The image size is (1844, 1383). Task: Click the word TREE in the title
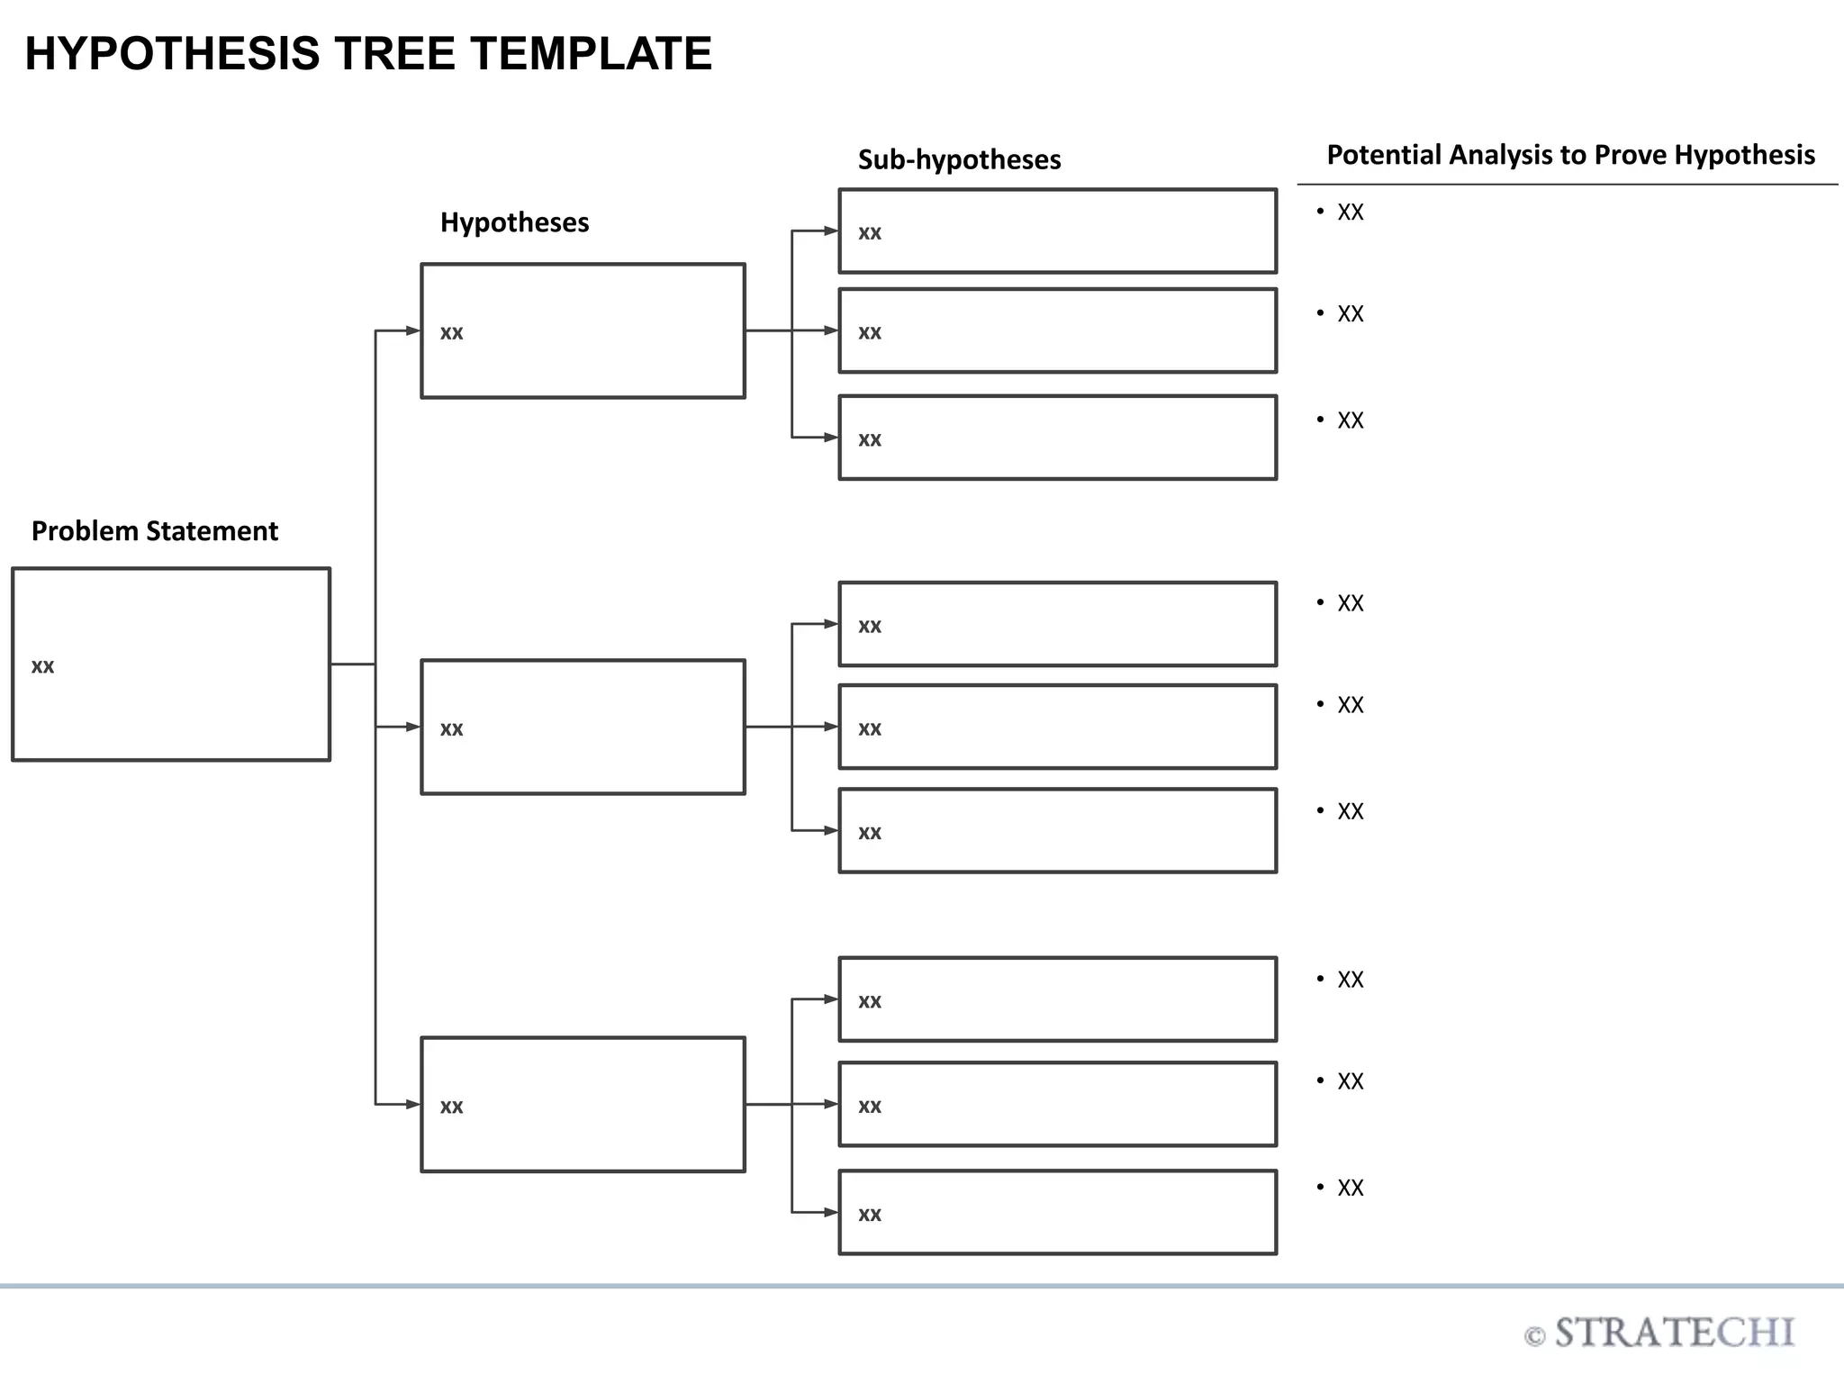pos(396,54)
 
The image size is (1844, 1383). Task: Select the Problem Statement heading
pos(154,531)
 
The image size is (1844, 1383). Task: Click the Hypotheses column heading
pos(514,222)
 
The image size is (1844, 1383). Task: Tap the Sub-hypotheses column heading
pos(959,160)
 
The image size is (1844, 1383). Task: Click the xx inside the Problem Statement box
pos(42,667)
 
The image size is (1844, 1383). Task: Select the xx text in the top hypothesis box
pos(451,333)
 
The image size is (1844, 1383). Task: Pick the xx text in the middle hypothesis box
pos(451,729)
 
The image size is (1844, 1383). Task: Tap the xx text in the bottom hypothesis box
pos(451,1107)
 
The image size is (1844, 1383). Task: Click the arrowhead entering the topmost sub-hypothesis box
pos(830,231)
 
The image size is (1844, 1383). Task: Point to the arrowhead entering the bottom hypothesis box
pos(412,1104)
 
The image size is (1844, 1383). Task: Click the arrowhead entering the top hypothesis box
pos(412,330)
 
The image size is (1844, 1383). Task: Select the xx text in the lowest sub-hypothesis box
pos(869,1215)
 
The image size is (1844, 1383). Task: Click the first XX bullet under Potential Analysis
pos(1350,212)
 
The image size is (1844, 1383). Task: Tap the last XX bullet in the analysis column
pos(1350,1189)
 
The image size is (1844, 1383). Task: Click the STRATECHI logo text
pos(1674,1333)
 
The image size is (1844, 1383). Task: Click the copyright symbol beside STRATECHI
pos(1534,1337)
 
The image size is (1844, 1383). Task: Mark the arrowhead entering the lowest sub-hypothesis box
pos(830,1212)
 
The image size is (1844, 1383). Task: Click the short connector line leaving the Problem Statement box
pos(352,664)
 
